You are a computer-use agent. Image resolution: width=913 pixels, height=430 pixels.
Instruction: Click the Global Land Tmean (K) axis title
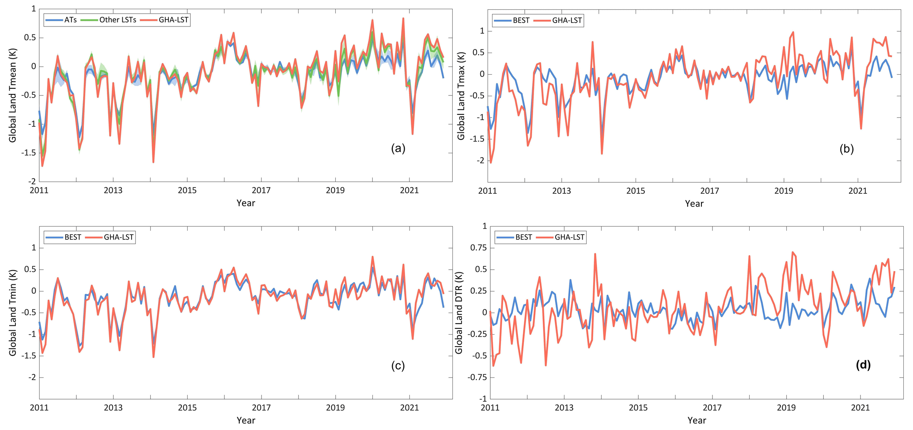13,95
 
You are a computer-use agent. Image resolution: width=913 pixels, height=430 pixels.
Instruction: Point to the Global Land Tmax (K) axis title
461,96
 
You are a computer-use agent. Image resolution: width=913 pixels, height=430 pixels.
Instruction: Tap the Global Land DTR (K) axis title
459,313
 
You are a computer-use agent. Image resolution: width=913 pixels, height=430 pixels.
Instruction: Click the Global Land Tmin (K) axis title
13,313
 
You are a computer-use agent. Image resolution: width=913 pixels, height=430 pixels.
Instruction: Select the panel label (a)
398,148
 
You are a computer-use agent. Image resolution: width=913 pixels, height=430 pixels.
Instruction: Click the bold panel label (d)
863,365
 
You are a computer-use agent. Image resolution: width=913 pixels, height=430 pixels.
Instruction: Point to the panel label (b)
847,149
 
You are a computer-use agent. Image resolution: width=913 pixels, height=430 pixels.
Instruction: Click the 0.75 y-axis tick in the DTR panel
477,247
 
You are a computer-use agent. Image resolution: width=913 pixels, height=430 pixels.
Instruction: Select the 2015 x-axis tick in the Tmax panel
636,191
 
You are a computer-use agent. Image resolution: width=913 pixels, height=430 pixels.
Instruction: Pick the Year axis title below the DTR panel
696,420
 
